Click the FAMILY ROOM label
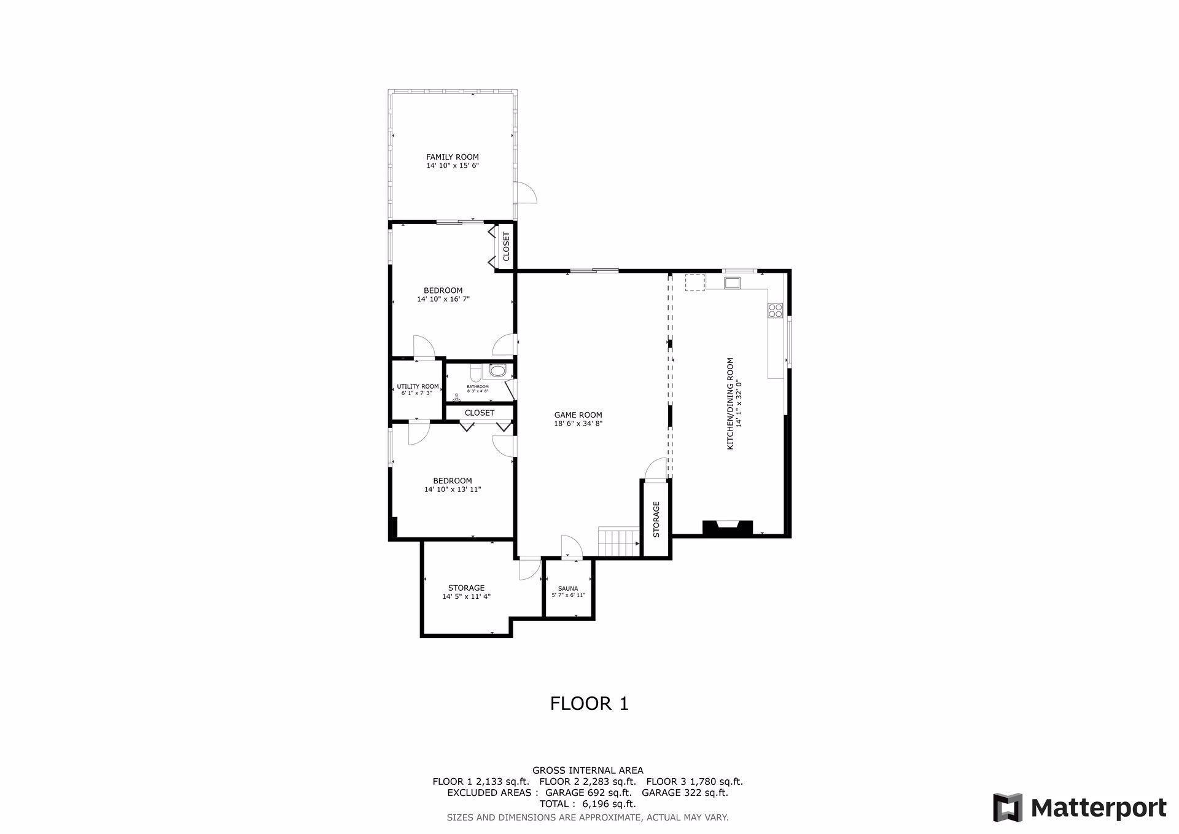click(x=453, y=157)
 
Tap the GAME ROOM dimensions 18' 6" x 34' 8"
click(x=578, y=423)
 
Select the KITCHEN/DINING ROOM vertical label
click(x=730, y=403)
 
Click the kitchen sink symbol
click(x=732, y=283)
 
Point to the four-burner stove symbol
click(x=775, y=311)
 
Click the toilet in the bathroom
click(x=497, y=370)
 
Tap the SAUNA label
click(x=568, y=588)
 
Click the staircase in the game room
click(x=619, y=542)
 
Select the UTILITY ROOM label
click(x=418, y=386)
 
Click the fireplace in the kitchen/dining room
click(x=728, y=528)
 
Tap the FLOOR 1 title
click(x=589, y=703)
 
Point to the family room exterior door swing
click(x=526, y=193)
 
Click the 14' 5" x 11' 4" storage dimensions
click(x=466, y=596)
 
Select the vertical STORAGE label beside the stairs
click(x=656, y=519)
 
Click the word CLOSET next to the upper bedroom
click(x=506, y=246)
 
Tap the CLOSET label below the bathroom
click(x=479, y=413)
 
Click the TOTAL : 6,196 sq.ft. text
click(x=588, y=803)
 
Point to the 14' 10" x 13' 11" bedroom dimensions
click(x=452, y=489)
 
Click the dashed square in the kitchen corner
click(x=695, y=282)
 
